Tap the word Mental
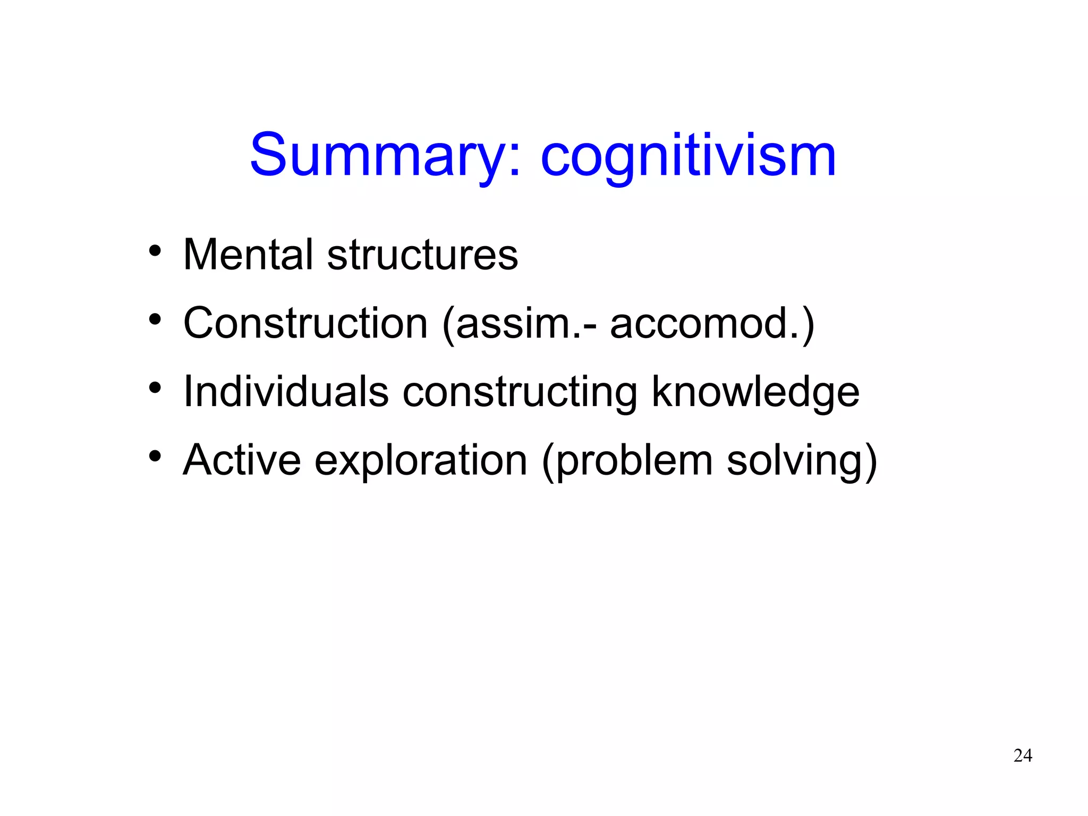pyautogui.click(x=248, y=255)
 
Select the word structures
pyautogui.click(x=422, y=255)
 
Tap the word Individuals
pyautogui.click(x=286, y=392)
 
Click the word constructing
pyautogui.click(x=520, y=392)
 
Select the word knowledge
pyautogui.click(x=755, y=392)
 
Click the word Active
pyautogui.click(x=242, y=460)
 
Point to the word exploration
pyautogui.click(x=421, y=460)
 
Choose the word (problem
pyautogui.click(x=627, y=460)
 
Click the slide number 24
pyautogui.click(x=1023, y=755)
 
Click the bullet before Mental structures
pyautogui.click(x=155, y=251)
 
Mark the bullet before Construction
pyautogui.click(x=155, y=319)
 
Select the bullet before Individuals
pyautogui.click(x=155, y=388)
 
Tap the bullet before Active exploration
pyautogui.click(x=155, y=457)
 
